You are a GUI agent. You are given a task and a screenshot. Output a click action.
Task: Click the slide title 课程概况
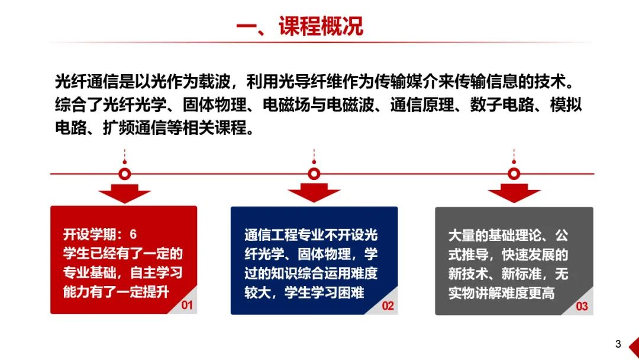[x=321, y=26]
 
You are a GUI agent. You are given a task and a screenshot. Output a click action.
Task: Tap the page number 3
[x=618, y=344]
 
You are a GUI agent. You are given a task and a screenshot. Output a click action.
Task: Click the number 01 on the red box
[x=187, y=305]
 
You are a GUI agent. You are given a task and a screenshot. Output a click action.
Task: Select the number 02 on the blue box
[x=388, y=306]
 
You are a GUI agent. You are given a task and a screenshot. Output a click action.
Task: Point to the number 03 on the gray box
[x=582, y=306]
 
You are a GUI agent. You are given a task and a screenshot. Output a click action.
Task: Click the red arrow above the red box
[x=125, y=193]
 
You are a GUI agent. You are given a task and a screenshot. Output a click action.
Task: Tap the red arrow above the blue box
[x=314, y=192]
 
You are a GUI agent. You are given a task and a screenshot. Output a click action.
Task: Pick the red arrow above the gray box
[x=514, y=193]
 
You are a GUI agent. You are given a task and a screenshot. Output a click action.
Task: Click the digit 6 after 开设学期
[x=133, y=234]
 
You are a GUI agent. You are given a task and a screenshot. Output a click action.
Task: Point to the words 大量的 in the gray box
[x=468, y=236]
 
